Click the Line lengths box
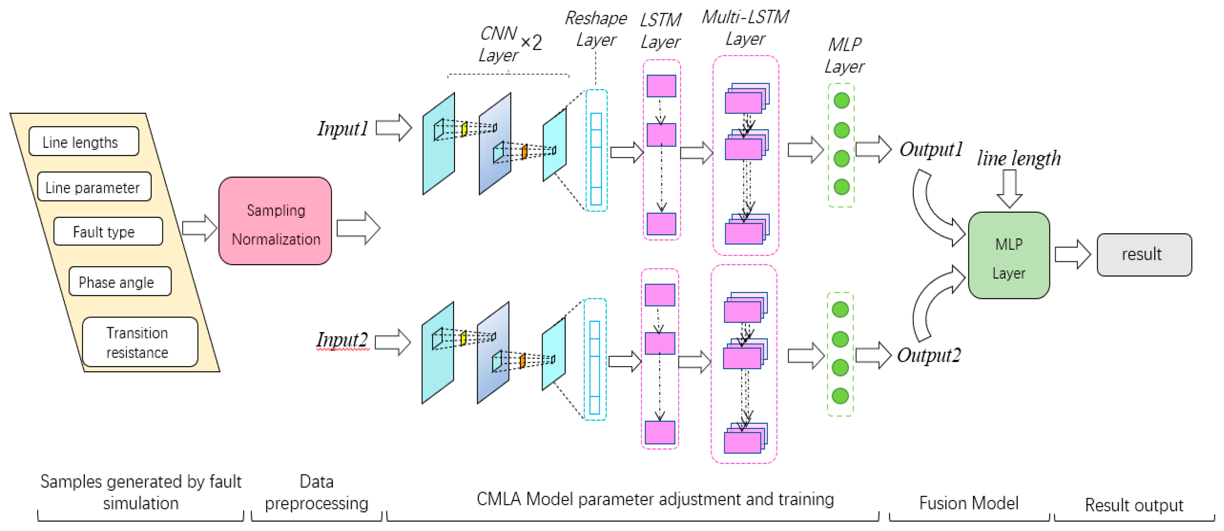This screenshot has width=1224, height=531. pos(84,141)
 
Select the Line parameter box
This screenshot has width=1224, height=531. pos(94,186)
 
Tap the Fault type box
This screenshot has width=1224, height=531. pos(108,231)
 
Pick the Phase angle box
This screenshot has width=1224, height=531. pos(120,281)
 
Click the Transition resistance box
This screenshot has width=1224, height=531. pos(140,342)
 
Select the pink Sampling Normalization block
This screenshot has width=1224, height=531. pos(275,221)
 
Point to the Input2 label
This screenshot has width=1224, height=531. pos(342,340)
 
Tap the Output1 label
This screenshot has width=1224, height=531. pos(931,149)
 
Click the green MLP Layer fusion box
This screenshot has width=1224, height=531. pos(1009,255)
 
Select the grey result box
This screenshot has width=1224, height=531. pos(1144,255)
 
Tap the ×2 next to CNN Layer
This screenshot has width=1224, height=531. pos(531,43)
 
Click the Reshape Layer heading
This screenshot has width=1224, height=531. pos(596,29)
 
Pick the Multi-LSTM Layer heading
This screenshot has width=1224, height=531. pos(745,28)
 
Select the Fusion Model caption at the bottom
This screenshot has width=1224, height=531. pos(969,503)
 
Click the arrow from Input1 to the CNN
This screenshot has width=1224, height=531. pos(394,128)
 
